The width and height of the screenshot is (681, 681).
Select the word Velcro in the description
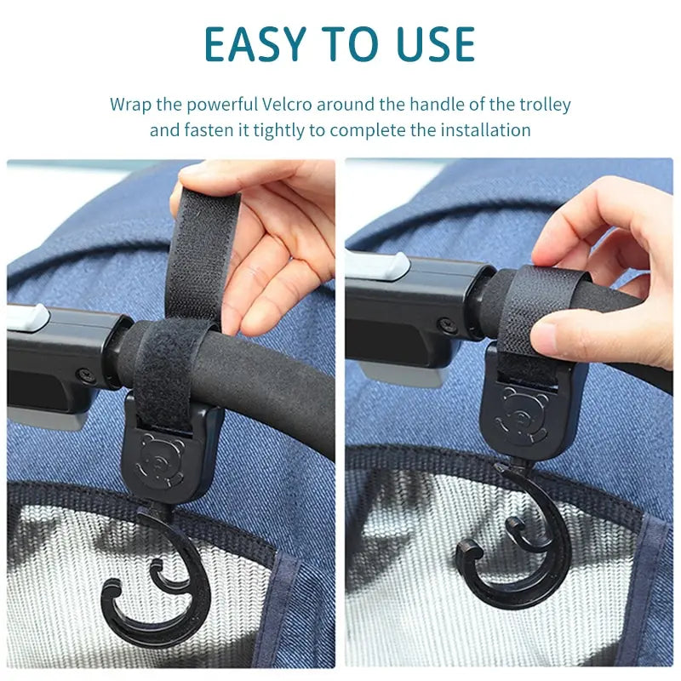(x=287, y=105)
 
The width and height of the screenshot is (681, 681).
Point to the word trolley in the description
(x=545, y=106)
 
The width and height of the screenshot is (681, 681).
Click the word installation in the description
(x=486, y=130)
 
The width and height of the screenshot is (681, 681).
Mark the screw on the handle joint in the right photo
(x=445, y=324)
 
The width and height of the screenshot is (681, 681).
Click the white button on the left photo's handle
(x=28, y=318)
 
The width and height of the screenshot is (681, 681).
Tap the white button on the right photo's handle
(x=377, y=266)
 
